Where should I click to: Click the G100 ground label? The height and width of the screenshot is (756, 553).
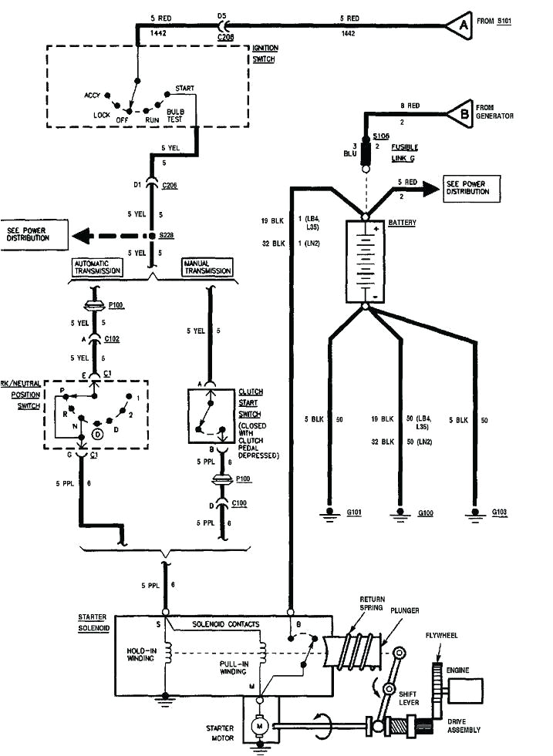point(426,512)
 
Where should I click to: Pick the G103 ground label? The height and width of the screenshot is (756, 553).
point(498,512)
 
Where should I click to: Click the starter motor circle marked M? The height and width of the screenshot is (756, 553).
point(261,725)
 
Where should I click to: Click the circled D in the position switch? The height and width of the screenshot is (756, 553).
point(97,434)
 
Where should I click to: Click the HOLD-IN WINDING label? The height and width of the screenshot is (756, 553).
point(140,654)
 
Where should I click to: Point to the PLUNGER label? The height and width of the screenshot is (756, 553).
point(404,610)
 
